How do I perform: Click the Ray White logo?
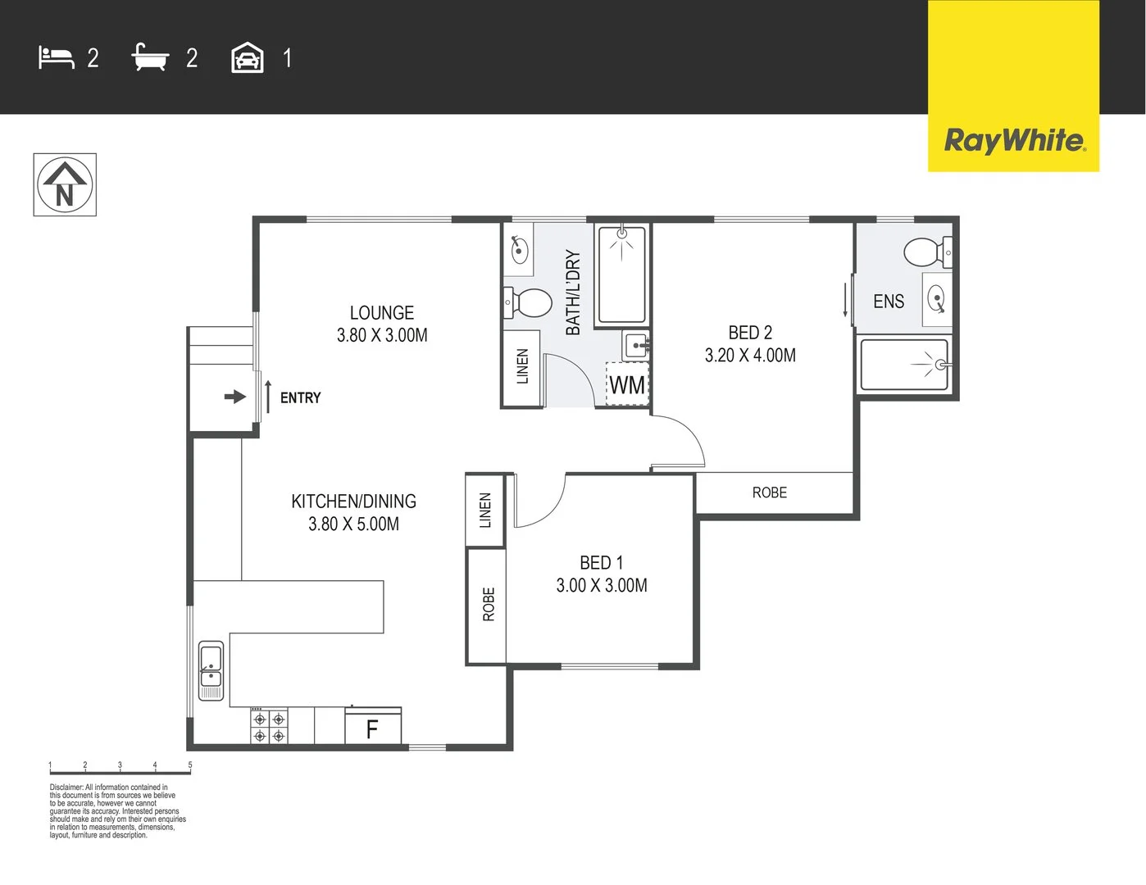point(1014,140)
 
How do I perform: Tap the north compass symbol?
point(65,185)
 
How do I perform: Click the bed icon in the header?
point(56,57)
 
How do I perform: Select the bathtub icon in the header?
point(150,57)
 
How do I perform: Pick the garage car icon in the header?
point(248,58)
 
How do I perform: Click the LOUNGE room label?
point(382,313)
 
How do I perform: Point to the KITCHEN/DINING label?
point(353,501)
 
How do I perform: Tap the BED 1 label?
point(601,563)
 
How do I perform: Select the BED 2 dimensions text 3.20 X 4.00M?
point(750,355)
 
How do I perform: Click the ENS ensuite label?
point(889,302)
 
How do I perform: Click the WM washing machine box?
point(627,384)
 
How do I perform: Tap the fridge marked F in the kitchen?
point(373,728)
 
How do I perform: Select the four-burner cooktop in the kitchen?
point(269,726)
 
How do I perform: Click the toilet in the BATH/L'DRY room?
point(529,302)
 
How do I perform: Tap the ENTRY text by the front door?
point(300,398)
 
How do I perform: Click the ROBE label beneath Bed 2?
point(769,492)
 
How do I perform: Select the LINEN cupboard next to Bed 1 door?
point(485,511)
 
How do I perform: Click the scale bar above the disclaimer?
point(120,769)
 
